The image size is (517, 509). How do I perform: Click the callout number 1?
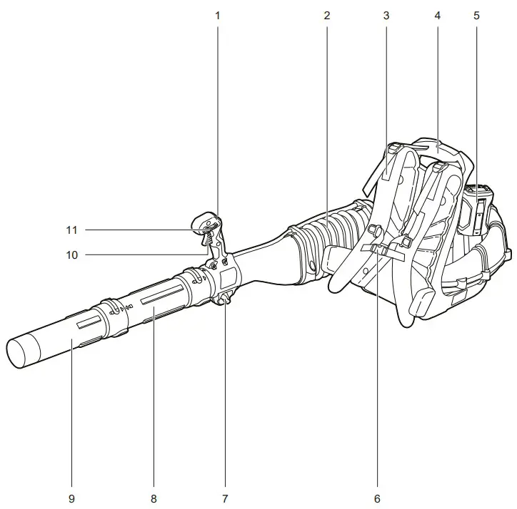click(218, 14)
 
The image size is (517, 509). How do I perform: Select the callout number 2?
click(326, 14)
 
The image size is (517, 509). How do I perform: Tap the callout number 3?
click(386, 14)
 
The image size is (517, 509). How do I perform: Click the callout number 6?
click(377, 497)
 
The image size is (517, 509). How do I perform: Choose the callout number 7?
click(225, 497)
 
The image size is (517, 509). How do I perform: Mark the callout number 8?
click(154, 497)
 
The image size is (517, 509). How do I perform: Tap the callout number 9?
click(72, 497)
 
